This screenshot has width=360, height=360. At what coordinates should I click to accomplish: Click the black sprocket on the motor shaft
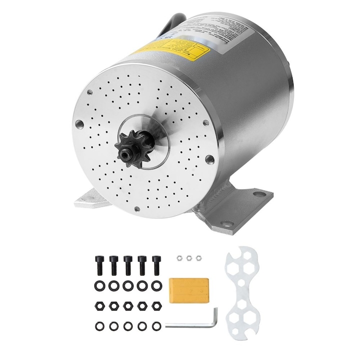[x=129, y=148]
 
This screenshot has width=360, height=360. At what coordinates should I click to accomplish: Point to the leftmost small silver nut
[x=179, y=258]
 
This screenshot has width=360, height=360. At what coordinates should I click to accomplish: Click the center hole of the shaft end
[x=129, y=148]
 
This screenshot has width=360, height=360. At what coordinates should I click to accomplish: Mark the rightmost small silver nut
[x=198, y=258]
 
